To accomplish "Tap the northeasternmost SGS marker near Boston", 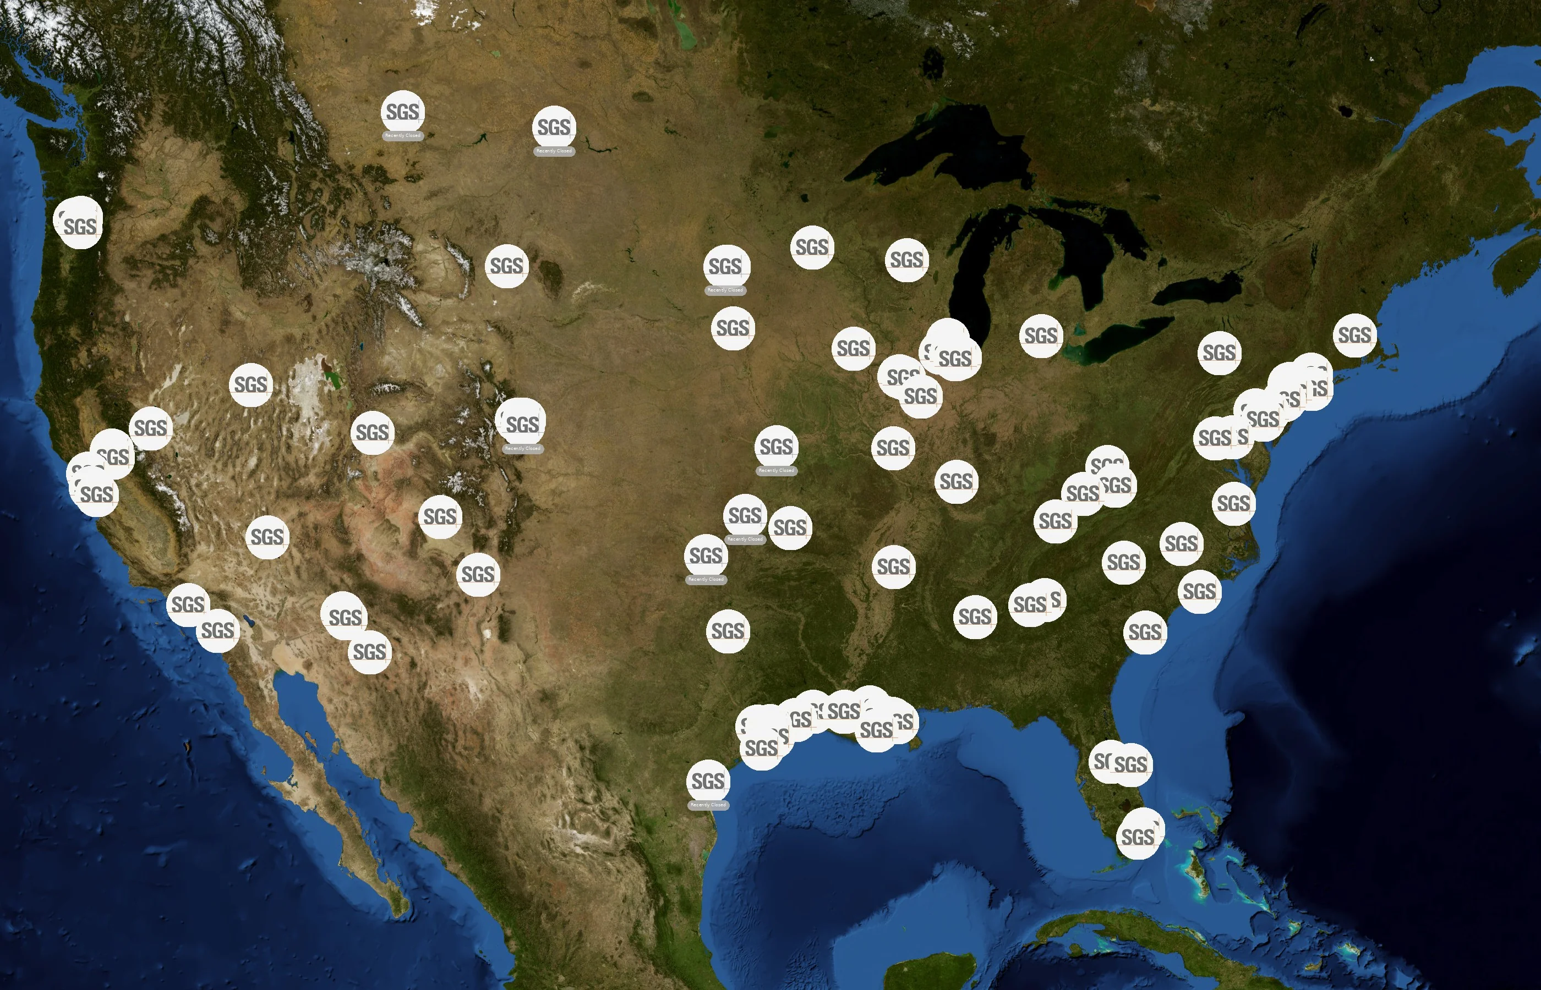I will tap(1354, 335).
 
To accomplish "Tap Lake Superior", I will tap(932, 155).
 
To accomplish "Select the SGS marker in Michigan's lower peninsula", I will tap(1040, 335).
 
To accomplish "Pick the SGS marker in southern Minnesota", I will tap(812, 248).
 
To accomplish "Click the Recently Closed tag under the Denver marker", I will tap(523, 449).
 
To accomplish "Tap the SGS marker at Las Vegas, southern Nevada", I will tap(267, 537).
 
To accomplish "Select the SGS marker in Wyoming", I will tap(506, 266).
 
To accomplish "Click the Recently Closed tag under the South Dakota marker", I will tap(725, 290).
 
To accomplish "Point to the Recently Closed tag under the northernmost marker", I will tap(403, 136).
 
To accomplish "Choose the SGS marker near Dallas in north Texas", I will tap(728, 631).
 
